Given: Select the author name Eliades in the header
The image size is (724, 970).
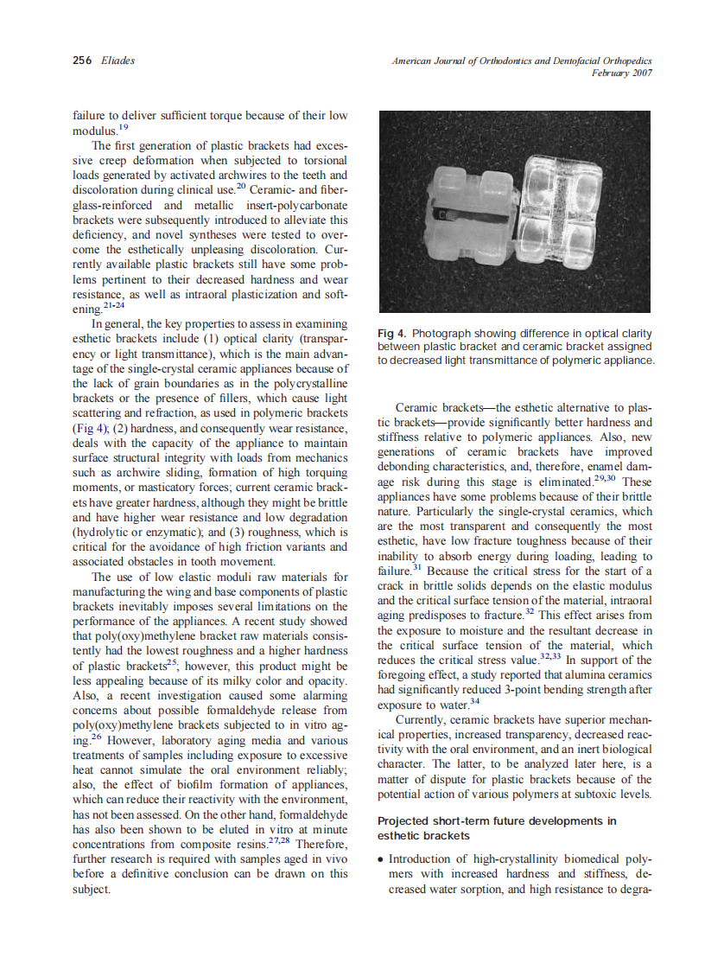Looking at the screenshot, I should [x=117, y=61].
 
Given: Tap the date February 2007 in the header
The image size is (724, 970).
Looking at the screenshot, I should [x=621, y=73].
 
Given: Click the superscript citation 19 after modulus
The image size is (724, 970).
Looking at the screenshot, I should [x=123, y=126].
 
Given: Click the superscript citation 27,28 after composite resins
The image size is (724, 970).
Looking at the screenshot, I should [x=279, y=839].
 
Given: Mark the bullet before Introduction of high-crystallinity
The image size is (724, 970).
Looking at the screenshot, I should [x=381, y=859].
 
